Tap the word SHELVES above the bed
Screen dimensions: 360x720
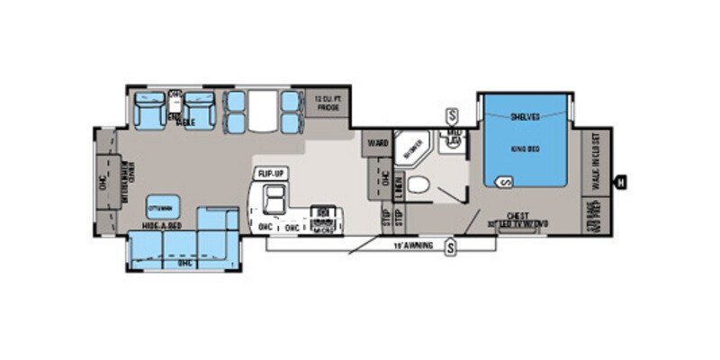pyautogui.click(x=525, y=116)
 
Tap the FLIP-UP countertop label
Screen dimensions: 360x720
pyautogui.click(x=271, y=172)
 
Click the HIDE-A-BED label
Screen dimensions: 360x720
pyautogui.click(x=162, y=228)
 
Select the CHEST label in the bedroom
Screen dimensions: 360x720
pyautogui.click(x=517, y=216)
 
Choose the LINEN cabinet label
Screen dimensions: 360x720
pyautogui.click(x=399, y=188)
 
